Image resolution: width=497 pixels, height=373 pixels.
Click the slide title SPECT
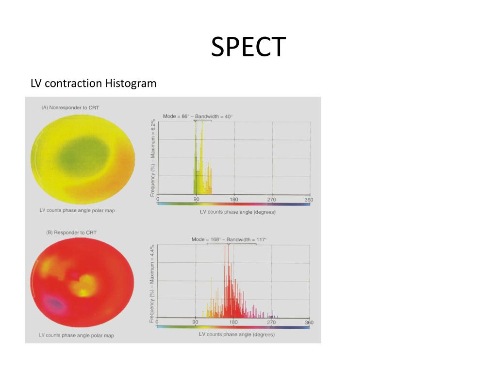(248, 47)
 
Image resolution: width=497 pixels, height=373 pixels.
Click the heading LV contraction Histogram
(94, 84)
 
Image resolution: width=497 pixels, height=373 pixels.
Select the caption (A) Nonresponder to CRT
(70, 107)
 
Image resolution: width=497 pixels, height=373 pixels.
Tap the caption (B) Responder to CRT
(71, 233)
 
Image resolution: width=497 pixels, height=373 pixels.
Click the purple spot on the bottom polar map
(55, 304)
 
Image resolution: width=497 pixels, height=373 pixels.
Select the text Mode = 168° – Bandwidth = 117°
(229, 239)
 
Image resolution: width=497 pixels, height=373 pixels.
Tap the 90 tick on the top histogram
(196, 200)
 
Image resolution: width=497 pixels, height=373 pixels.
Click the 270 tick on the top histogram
(272, 200)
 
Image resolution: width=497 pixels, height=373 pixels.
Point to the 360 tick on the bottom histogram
(309, 322)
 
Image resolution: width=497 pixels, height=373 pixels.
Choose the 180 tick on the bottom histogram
(233, 322)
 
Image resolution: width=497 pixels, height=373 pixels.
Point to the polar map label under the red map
(77, 335)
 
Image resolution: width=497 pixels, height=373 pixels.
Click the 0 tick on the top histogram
(158, 200)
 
